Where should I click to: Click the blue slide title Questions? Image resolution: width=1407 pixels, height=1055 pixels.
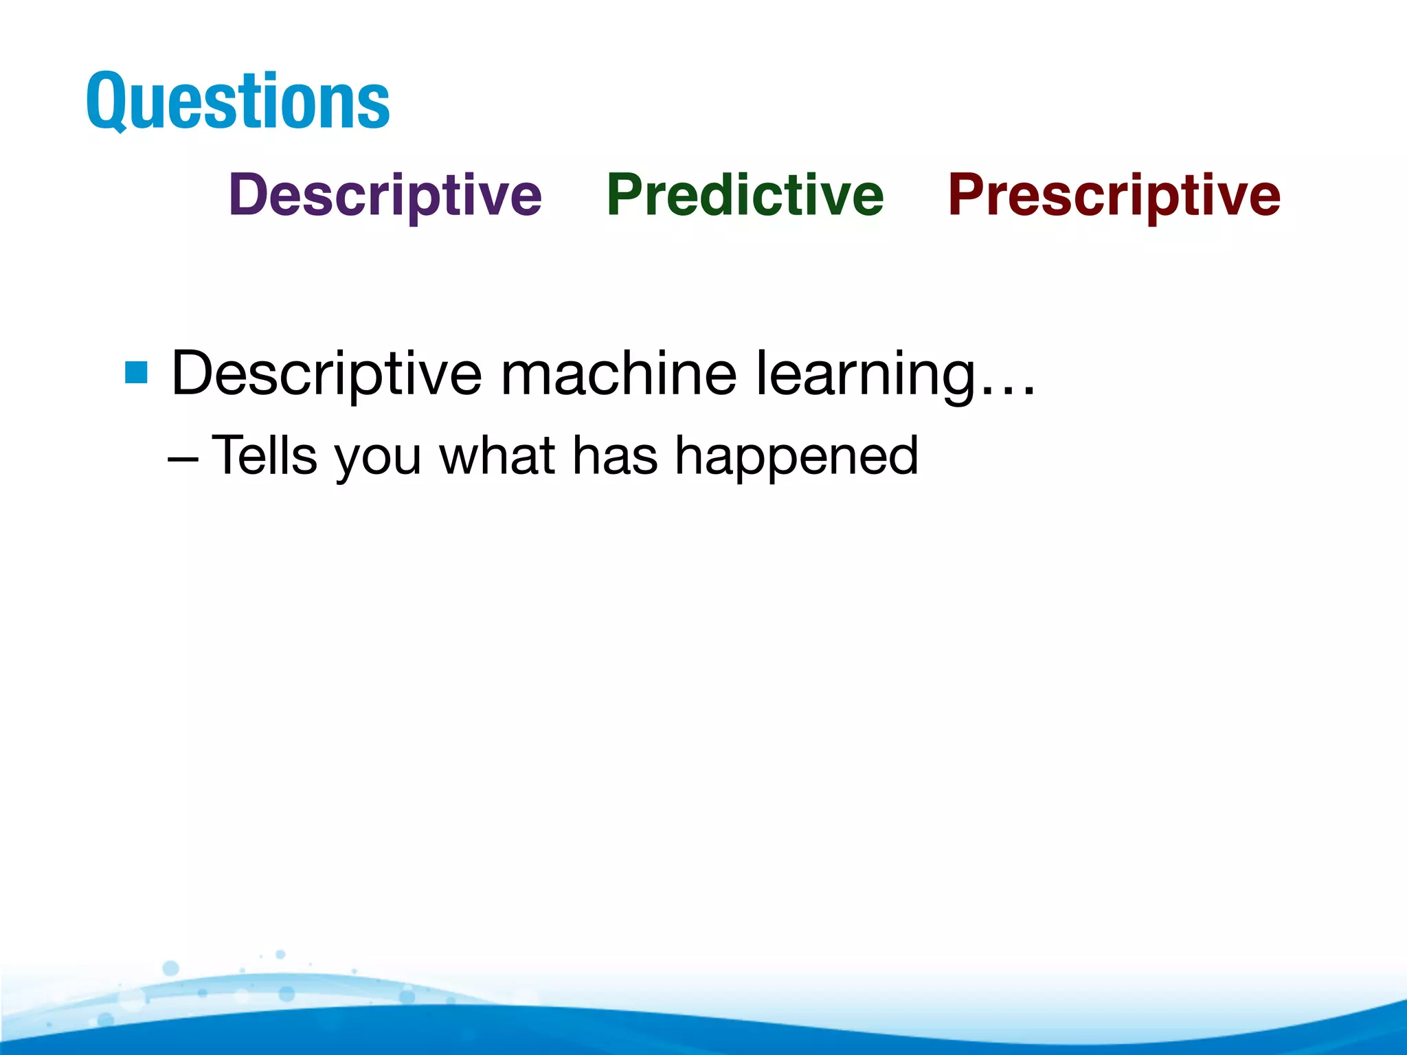pyautogui.click(x=238, y=102)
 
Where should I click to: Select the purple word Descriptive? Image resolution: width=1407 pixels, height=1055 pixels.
pyautogui.click(x=385, y=195)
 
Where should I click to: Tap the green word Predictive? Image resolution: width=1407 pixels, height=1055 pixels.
pyautogui.click(x=745, y=195)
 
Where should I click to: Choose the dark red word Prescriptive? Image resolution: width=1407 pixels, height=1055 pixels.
pyautogui.click(x=1114, y=195)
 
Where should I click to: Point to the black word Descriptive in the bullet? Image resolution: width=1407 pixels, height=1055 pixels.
pyautogui.click(x=326, y=374)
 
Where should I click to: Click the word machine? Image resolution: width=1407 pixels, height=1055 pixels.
pyautogui.click(x=618, y=374)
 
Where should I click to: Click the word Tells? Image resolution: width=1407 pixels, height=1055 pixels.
pyautogui.click(x=264, y=455)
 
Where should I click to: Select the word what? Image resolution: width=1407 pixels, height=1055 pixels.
pyautogui.click(x=497, y=455)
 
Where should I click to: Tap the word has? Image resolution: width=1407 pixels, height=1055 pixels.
pyautogui.click(x=615, y=455)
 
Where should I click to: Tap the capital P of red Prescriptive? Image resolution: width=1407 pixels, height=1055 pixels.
pyautogui.click(x=967, y=195)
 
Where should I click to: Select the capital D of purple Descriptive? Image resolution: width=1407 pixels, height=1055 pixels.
pyautogui.click(x=249, y=195)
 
